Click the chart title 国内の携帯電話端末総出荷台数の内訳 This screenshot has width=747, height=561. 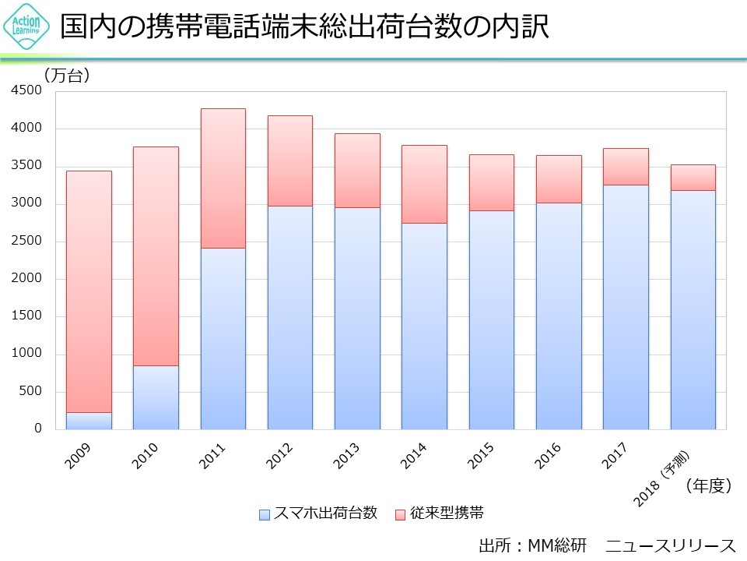coord(305,27)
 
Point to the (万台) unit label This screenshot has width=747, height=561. coord(68,75)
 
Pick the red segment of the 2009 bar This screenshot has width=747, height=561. coord(89,291)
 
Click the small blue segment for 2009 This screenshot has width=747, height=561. coord(89,421)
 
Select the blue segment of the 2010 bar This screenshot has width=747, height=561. coord(156,397)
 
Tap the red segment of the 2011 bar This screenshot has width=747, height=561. coord(223,178)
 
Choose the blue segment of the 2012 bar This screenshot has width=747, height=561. coord(289,317)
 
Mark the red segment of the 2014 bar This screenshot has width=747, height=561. coord(424,184)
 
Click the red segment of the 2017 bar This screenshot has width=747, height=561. coord(626,166)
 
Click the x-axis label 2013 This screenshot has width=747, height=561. coord(346,457)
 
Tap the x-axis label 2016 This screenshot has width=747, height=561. coord(548,457)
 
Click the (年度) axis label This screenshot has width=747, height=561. coord(708,486)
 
